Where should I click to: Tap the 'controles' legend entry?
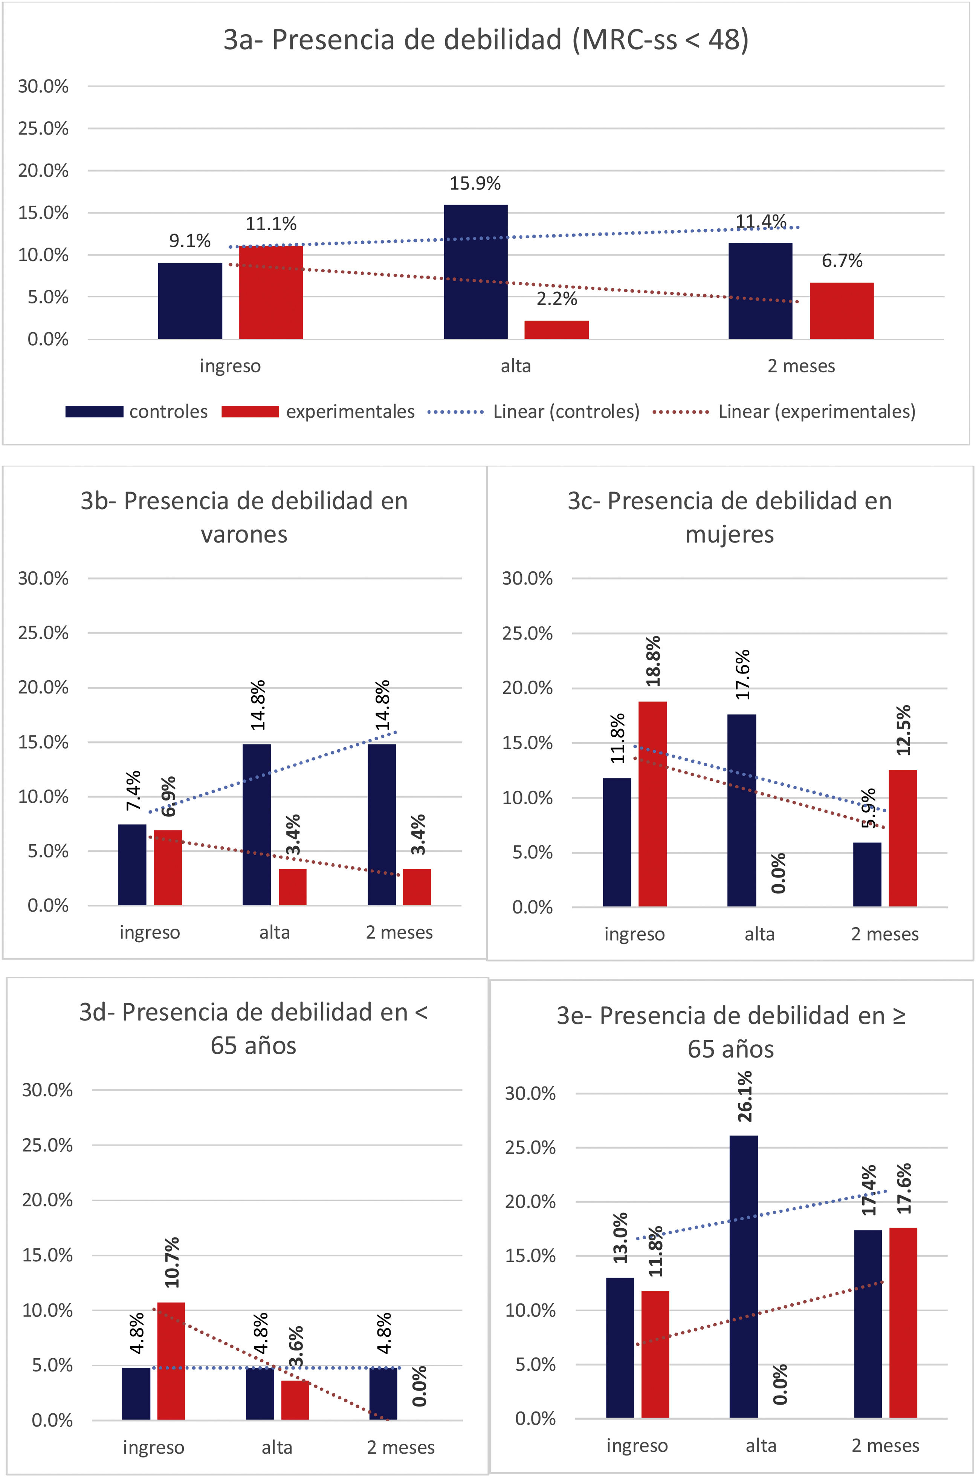click(x=137, y=412)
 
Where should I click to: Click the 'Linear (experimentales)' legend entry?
click(x=784, y=412)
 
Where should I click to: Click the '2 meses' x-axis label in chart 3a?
click(x=801, y=366)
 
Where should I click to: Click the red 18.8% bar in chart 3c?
click(x=652, y=803)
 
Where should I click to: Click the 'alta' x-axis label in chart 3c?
click(x=759, y=934)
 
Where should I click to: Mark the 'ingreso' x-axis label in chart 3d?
click(x=153, y=1447)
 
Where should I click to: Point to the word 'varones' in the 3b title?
click(x=244, y=534)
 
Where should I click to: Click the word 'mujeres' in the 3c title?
click(x=730, y=534)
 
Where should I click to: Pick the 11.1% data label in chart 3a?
click(x=271, y=223)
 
